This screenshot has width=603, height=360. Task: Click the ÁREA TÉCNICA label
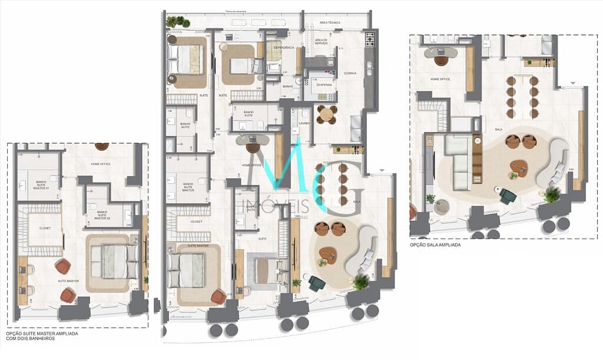coord(330,22)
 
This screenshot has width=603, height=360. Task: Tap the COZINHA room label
coord(350,74)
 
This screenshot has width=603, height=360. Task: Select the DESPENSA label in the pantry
coord(324,85)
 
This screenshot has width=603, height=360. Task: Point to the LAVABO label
coord(304,123)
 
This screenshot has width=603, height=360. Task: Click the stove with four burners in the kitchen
coord(370,39)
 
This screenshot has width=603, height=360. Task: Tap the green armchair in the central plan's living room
coord(317,283)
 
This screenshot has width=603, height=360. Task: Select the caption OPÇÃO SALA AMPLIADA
coord(435,245)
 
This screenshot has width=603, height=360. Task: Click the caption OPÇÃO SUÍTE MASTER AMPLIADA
coord(45,333)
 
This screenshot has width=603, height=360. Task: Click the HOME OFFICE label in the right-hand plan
coord(440,78)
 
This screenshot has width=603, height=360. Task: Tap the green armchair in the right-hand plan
coord(508,196)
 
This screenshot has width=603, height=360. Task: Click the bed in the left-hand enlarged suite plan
coord(114,262)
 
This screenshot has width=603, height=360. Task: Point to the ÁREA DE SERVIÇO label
coord(321,41)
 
